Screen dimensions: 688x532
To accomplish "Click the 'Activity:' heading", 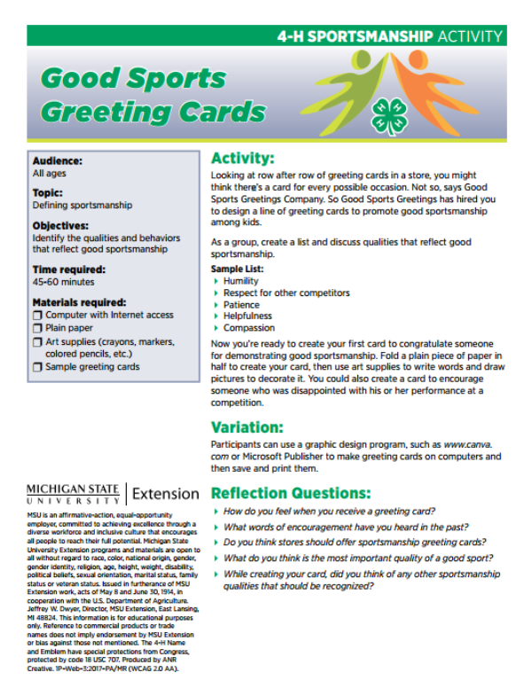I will (242, 159).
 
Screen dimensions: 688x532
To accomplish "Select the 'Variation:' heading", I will (246, 426).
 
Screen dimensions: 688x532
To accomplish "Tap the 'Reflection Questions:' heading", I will (291, 493).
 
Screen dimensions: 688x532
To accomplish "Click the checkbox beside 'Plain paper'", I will (37, 328).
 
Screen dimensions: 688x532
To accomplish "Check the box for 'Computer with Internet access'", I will (37, 315).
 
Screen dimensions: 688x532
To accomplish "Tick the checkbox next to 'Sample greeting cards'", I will (37, 367).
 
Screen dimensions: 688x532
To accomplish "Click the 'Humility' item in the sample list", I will (241, 281).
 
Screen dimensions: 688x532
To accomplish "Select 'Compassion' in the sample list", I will (249, 328).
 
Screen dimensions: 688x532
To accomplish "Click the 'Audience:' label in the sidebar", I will (58, 161).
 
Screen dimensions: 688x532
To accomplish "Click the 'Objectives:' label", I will (60, 225).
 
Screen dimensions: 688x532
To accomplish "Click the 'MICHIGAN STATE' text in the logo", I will (74, 489).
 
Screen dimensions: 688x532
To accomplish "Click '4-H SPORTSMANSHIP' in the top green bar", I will (355, 36).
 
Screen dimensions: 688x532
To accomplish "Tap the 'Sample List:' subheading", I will (237, 269).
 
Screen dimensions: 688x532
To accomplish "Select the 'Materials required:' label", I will (79, 301).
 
